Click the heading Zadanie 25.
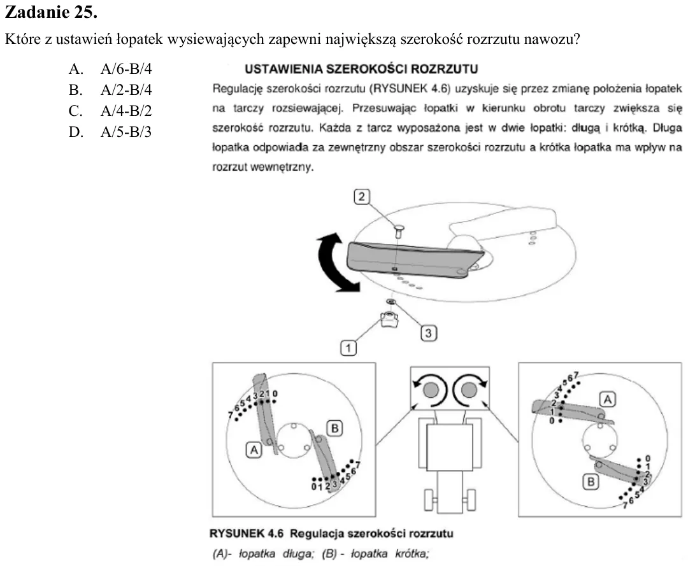click(x=51, y=12)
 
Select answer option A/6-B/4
click(x=126, y=69)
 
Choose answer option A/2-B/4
click(x=126, y=90)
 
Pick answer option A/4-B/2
click(x=126, y=111)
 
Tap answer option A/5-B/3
click(x=126, y=132)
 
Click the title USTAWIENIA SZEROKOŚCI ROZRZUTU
click(x=361, y=69)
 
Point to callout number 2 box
click(x=362, y=197)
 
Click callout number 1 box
click(x=348, y=348)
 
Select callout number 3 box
click(x=429, y=333)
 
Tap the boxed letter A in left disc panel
click(x=254, y=450)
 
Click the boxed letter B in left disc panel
click(x=335, y=428)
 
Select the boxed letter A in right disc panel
click(x=608, y=399)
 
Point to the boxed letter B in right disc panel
click(x=591, y=482)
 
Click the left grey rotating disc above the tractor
click(x=431, y=389)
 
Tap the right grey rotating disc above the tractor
click(x=469, y=389)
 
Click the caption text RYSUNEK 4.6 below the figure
click(x=246, y=534)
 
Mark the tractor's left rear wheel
click(x=429, y=500)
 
